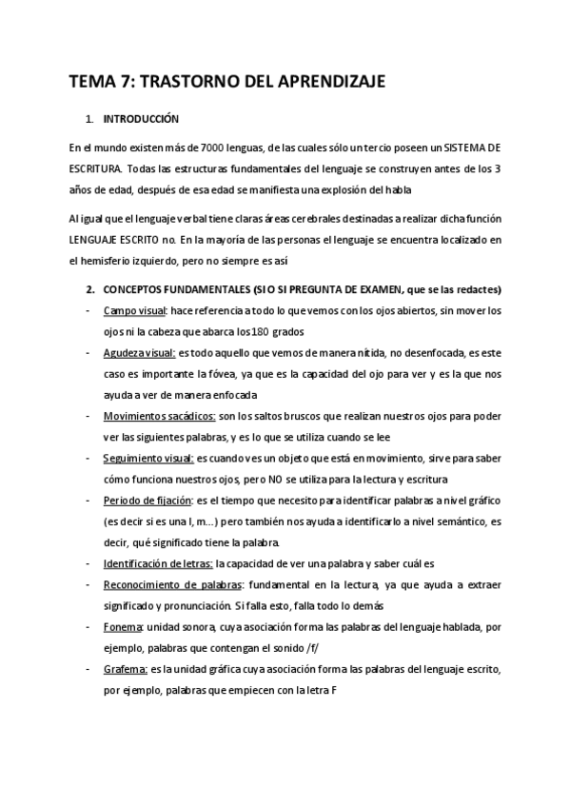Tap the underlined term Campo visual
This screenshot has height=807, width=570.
[x=134, y=311]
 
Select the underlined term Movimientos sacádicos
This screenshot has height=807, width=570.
[x=158, y=417]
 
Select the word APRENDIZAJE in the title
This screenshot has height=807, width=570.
[x=329, y=82]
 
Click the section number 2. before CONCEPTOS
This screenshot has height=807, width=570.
[x=90, y=289]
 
